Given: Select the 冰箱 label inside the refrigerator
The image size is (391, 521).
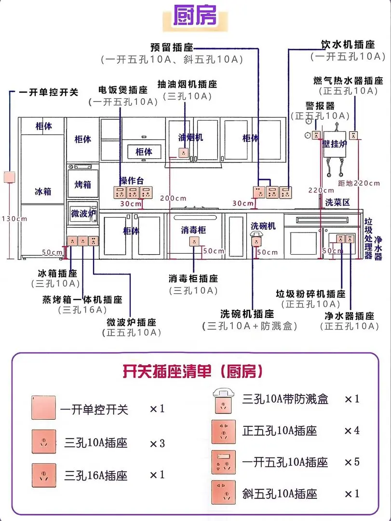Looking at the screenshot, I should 42,192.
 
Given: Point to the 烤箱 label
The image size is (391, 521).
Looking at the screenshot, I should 82,185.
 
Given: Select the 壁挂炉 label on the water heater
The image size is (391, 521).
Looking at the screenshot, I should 335,144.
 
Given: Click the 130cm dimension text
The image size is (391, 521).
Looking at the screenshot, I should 14,219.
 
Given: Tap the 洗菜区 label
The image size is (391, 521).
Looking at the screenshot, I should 337,202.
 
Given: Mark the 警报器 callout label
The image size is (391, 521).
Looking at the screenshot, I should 320,106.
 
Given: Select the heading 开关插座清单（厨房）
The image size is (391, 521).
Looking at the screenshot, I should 193,371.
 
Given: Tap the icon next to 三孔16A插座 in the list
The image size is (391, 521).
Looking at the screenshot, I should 44,474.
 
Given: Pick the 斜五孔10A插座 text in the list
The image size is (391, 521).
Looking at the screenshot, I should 280,494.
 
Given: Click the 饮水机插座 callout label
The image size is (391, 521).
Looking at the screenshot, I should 348,45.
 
